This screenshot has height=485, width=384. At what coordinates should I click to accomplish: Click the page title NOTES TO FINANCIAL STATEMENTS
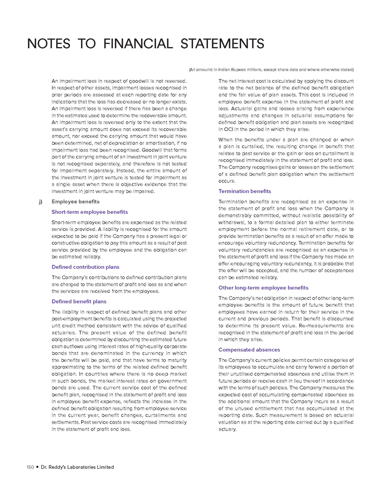145,44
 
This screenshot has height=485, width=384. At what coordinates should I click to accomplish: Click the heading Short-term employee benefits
89,212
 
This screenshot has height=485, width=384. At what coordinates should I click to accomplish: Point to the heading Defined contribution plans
86,267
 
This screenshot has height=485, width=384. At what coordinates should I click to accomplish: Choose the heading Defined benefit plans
79,302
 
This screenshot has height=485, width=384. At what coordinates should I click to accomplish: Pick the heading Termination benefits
245,191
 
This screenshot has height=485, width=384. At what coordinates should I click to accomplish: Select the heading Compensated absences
249,350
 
